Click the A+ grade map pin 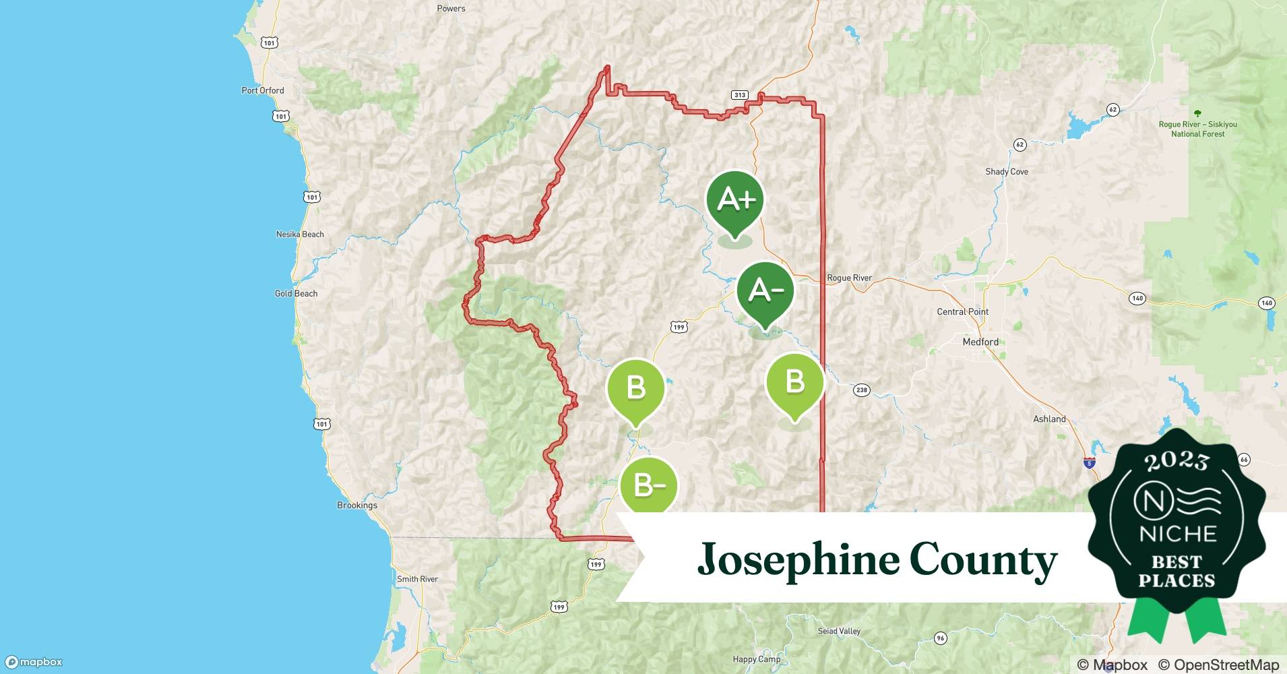pos(735,200)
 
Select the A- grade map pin pos(765,291)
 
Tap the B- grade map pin pos(648,485)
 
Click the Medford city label pos(980,342)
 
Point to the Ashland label pos(1049,419)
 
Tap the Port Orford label pos(263,90)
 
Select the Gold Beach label pos(296,293)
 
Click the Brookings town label pos(357,505)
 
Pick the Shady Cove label pos(1007,171)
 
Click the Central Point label pos(962,311)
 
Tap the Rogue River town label pos(849,278)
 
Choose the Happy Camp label pos(756,659)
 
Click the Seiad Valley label pos(839,631)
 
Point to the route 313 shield pos(740,95)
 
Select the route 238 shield pos(861,390)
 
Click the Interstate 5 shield pos(1090,463)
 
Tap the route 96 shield pos(941,638)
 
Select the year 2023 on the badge pos(1176,461)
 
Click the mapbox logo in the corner pos(34,662)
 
